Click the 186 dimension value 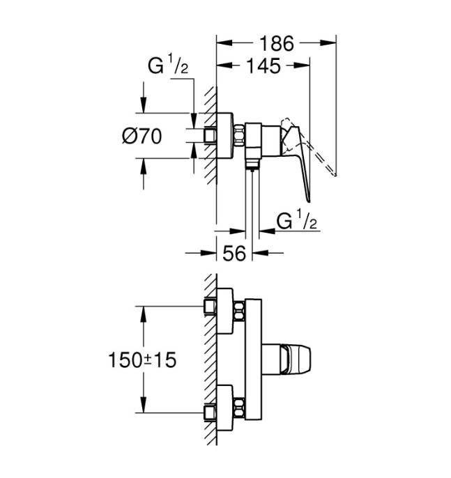(x=277, y=43)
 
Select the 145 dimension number (x=263, y=65)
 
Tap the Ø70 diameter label (x=142, y=136)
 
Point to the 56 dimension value (x=234, y=253)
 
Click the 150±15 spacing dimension (x=142, y=360)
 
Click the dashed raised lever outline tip (x=335, y=175)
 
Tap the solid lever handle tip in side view (x=309, y=201)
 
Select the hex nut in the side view (x=239, y=134)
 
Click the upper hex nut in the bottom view (x=239, y=311)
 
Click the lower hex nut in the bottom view (x=239, y=408)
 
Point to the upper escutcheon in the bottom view (x=225, y=311)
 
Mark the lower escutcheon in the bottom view (x=225, y=408)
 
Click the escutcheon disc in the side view (x=225, y=136)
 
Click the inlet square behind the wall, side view (x=210, y=135)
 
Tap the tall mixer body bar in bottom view (x=253, y=360)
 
